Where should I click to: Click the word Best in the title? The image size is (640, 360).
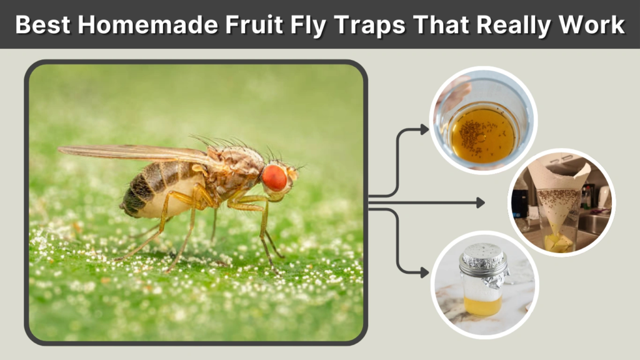point(42,24)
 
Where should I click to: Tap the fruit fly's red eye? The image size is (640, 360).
point(274,178)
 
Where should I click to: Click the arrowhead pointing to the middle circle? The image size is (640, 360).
point(480,202)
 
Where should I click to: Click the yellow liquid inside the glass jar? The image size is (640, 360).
point(482,305)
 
